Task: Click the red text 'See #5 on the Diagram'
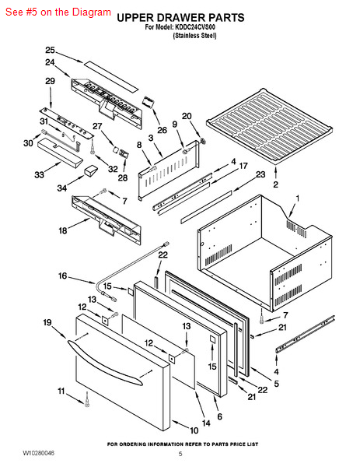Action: point(58,12)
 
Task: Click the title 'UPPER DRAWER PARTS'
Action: point(180,18)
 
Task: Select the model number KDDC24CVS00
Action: point(195,27)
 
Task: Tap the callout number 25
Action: point(51,50)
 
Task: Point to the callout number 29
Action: point(50,81)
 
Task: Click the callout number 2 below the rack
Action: point(276,184)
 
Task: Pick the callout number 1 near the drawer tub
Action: point(297,198)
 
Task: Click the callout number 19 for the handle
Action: point(47,322)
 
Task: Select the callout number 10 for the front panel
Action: point(194,430)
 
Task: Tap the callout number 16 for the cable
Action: point(62,276)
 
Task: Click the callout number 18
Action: point(63,230)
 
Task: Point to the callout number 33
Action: point(40,174)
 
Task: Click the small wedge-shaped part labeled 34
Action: point(91,171)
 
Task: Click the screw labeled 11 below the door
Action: point(87,399)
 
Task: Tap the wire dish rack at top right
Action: point(269,126)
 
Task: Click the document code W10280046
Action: point(38,453)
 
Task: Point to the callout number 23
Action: point(260,174)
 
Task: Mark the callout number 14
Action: point(206,423)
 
